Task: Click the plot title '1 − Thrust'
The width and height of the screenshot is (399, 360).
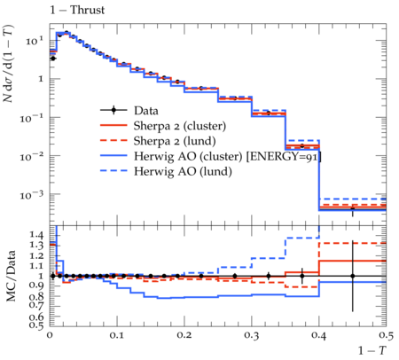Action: point(77,10)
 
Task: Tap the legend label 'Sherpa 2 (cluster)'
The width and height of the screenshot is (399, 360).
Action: point(180,126)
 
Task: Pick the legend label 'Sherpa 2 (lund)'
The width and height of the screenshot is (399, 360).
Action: point(175,141)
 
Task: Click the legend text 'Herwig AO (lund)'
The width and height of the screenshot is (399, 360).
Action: point(183,171)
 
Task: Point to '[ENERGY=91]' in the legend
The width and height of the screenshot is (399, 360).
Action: point(284,156)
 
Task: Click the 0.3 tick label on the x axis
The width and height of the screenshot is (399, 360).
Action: point(252,335)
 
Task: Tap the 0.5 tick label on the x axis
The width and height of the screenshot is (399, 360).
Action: point(386,335)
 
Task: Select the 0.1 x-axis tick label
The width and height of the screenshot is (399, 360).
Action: point(117,335)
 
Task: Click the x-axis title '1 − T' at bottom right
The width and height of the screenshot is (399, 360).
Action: point(372,350)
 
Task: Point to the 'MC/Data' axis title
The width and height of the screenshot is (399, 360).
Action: point(11,276)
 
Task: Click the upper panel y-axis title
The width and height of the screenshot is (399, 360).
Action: point(8,64)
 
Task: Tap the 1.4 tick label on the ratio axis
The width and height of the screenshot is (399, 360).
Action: point(36,235)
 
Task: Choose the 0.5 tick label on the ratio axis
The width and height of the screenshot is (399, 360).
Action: point(36,325)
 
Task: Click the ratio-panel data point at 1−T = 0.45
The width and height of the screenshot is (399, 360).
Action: point(352,276)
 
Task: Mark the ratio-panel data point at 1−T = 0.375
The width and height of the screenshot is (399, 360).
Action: point(301,276)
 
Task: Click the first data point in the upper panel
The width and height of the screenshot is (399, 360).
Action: point(53,59)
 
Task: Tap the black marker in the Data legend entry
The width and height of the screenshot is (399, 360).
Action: point(113,111)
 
